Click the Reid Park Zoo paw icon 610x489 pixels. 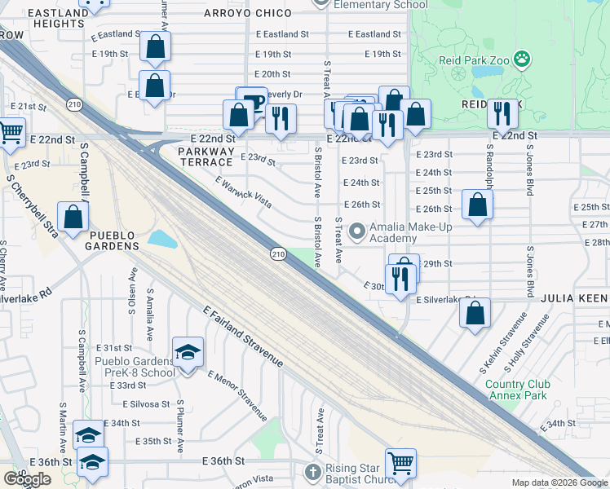522,59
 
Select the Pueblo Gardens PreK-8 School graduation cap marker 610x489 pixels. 188,354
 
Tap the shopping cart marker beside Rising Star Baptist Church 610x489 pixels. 400,464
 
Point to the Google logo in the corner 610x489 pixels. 27,479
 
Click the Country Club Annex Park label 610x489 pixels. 518,390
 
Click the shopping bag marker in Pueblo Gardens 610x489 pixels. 73,218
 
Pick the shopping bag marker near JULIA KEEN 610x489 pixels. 475,313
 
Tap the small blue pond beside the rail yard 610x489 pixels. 163,240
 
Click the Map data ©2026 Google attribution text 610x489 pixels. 559,482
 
